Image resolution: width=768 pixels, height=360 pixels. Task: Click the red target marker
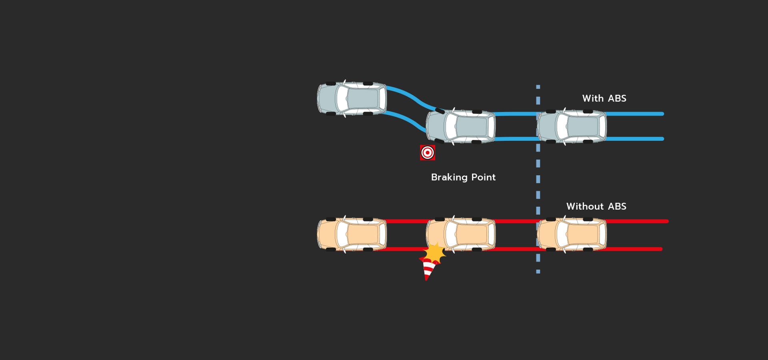coord(427,152)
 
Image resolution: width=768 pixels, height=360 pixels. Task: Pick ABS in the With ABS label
coord(617,98)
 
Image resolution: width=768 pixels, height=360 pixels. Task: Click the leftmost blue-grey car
coord(352,98)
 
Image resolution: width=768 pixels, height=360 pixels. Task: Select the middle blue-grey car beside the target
coord(461,126)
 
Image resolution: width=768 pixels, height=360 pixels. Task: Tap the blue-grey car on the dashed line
coord(572,126)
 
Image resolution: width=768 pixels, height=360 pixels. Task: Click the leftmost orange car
coord(352,234)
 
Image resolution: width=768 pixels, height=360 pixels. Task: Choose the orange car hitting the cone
coord(461,234)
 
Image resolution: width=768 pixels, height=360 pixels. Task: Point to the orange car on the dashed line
coord(572,234)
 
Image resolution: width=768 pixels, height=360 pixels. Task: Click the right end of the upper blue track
coord(662,114)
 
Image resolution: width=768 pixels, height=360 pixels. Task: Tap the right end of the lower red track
coord(661,249)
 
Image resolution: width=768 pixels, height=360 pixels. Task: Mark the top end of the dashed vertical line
coord(538,85)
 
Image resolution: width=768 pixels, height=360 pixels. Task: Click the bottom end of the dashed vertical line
coord(538,273)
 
